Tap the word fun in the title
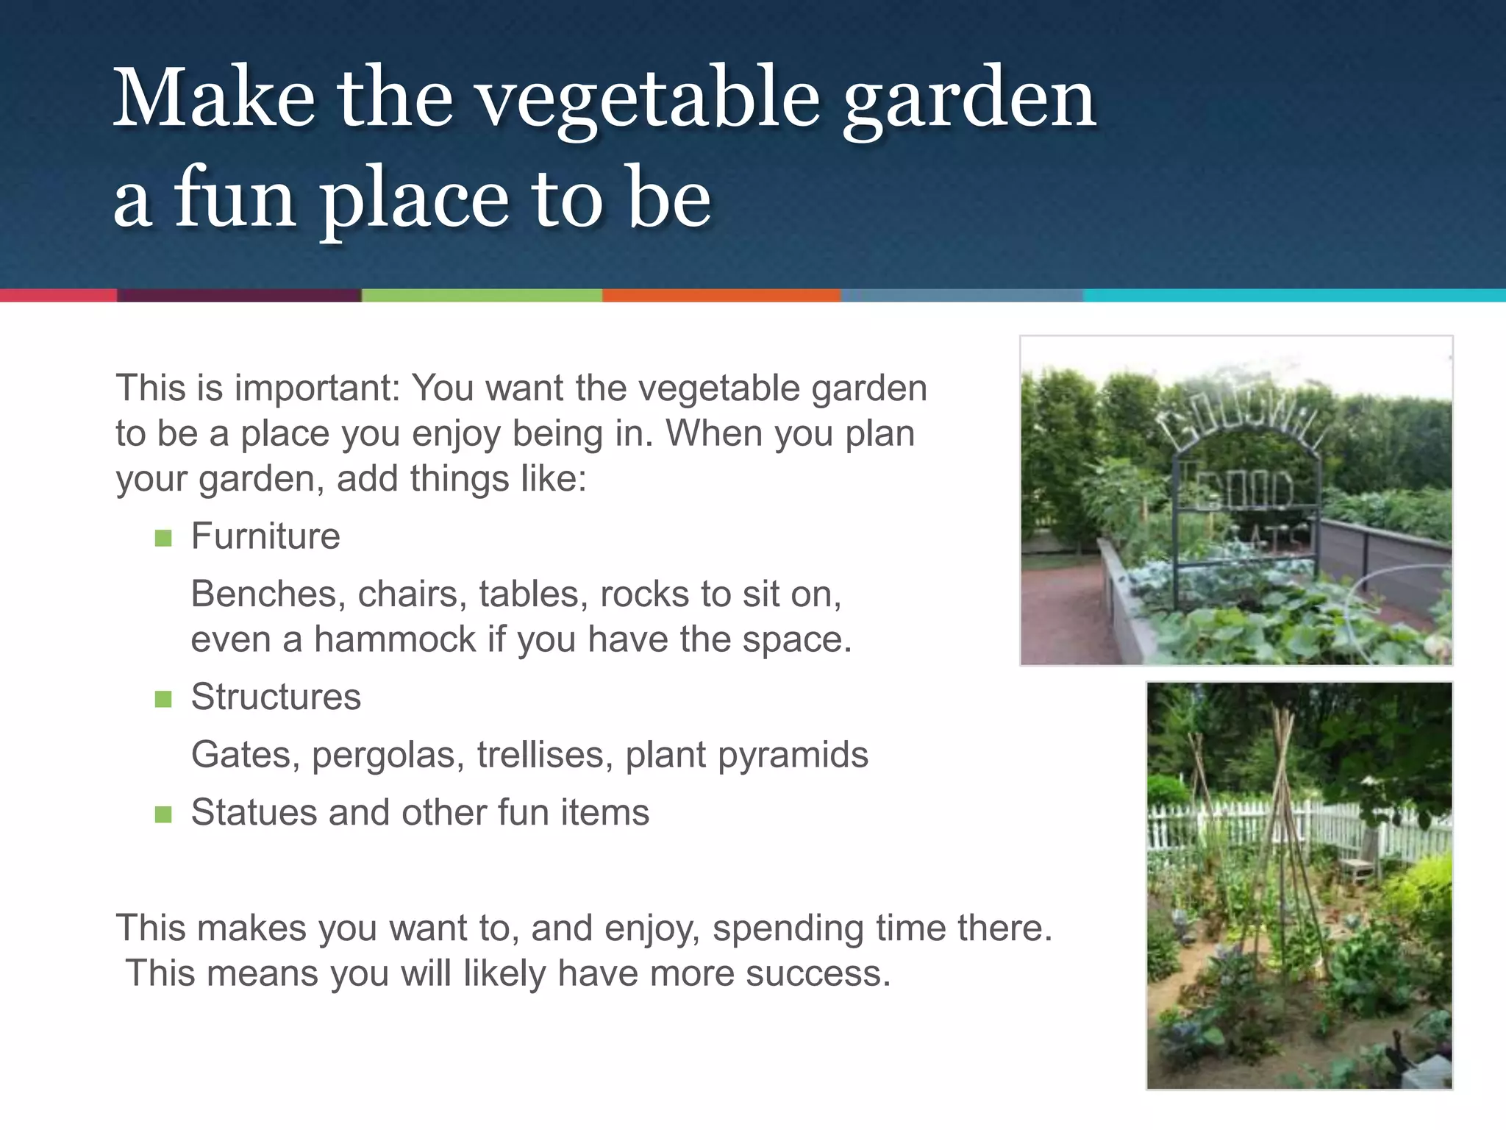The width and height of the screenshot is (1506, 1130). coord(235,199)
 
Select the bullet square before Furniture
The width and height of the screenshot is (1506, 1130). coord(163,539)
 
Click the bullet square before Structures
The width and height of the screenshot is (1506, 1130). coord(163,699)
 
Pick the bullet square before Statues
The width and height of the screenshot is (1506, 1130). coord(163,814)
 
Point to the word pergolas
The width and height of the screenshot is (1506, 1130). coord(388,756)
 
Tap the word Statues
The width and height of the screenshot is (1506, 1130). coord(254,813)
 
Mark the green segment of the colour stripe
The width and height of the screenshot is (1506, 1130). coord(482,296)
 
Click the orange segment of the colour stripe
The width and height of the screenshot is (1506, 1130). coord(721,296)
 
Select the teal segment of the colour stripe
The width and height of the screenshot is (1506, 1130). coord(1294,296)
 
